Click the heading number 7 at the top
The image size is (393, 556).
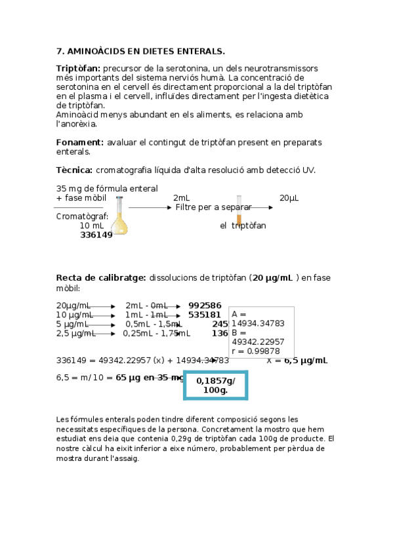click(60, 50)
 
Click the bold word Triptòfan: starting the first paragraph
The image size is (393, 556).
click(78, 68)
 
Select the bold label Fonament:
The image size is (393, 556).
click(80, 142)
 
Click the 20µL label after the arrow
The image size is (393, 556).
click(289, 197)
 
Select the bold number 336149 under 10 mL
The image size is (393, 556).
click(96, 235)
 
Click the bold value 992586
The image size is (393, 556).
click(205, 306)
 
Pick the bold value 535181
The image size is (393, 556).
click(205, 315)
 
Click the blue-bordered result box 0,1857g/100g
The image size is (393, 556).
click(216, 386)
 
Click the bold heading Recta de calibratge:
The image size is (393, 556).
click(100, 277)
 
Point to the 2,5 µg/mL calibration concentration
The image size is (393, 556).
click(76, 333)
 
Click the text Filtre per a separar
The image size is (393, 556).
click(213, 207)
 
